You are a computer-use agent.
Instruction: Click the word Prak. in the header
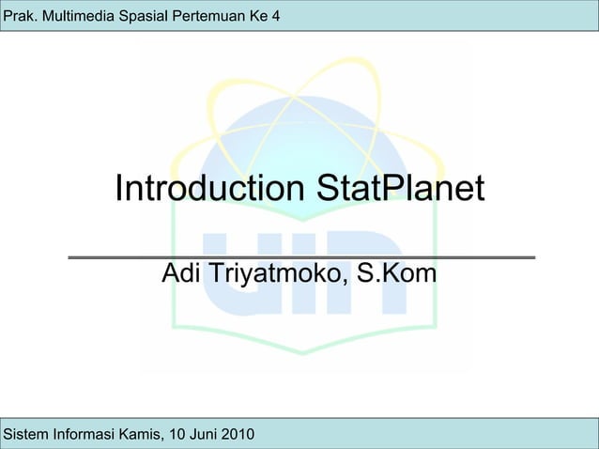(x=21, y=16)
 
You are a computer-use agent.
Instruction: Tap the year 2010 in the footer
(x=237, y=434)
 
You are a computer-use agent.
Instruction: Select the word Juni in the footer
(x=201, y=434)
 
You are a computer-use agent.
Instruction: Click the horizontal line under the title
(x=300, y=256)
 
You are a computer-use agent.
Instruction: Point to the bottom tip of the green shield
(x=301, y=353)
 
